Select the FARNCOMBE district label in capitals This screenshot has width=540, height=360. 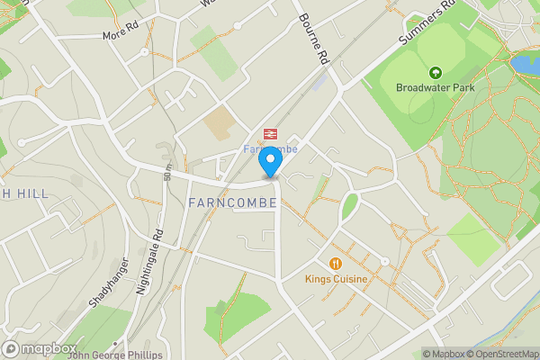pos(233,203)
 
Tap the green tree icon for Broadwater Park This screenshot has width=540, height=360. pos(436,72)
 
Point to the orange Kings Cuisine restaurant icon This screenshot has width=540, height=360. pos(336,263)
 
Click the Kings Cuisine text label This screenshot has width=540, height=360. pos(336,280)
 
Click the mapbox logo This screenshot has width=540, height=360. pos(39,348)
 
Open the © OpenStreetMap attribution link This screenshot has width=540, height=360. pos(501,354)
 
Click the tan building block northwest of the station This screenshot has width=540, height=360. pos(220,123)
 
